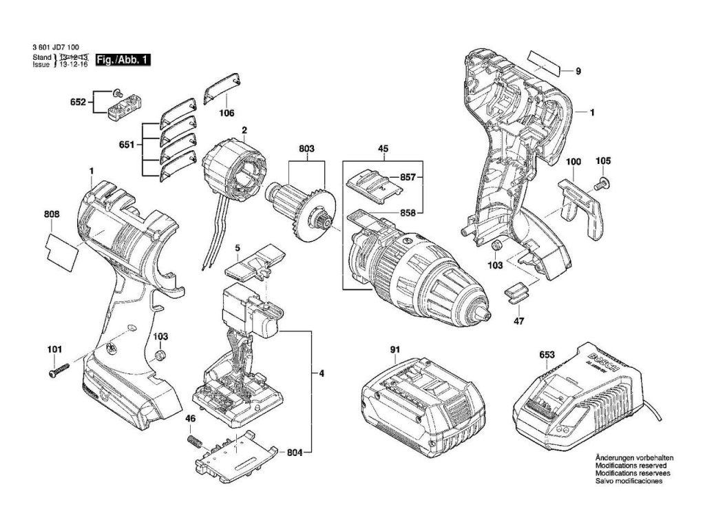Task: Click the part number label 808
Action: click(x=51, y=215)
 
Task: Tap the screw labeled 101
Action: click(x=57, y=371)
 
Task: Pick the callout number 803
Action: click(x=307, y=149)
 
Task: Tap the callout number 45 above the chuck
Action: click(x=383, y=148)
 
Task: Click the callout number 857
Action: click(x=408, y=178)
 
